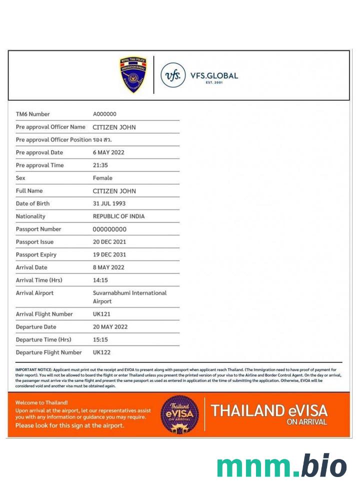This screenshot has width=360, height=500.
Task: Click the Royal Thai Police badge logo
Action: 133,75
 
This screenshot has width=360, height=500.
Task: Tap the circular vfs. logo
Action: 172,75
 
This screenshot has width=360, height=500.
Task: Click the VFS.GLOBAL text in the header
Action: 214,76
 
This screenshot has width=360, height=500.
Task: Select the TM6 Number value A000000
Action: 104,114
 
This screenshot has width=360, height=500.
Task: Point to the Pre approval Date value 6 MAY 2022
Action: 108,152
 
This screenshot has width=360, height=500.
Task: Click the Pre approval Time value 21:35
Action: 100,165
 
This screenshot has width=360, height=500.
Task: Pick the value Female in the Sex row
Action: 102,178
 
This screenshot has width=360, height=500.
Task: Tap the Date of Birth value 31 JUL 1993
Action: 109,203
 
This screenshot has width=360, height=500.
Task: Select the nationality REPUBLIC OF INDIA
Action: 118,216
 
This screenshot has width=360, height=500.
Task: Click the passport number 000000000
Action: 109,229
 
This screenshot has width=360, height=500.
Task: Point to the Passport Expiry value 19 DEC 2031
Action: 109,254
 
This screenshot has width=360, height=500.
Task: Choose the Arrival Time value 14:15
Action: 100,280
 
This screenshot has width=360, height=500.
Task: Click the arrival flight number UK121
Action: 101,314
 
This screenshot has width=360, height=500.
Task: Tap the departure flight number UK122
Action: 101,352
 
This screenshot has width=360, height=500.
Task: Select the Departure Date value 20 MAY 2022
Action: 110,327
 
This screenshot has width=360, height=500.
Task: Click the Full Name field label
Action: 29,191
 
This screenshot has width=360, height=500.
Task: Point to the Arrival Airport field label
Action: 34,293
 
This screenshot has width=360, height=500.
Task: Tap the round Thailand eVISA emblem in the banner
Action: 179,414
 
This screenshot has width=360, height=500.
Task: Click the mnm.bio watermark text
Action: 281,466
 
